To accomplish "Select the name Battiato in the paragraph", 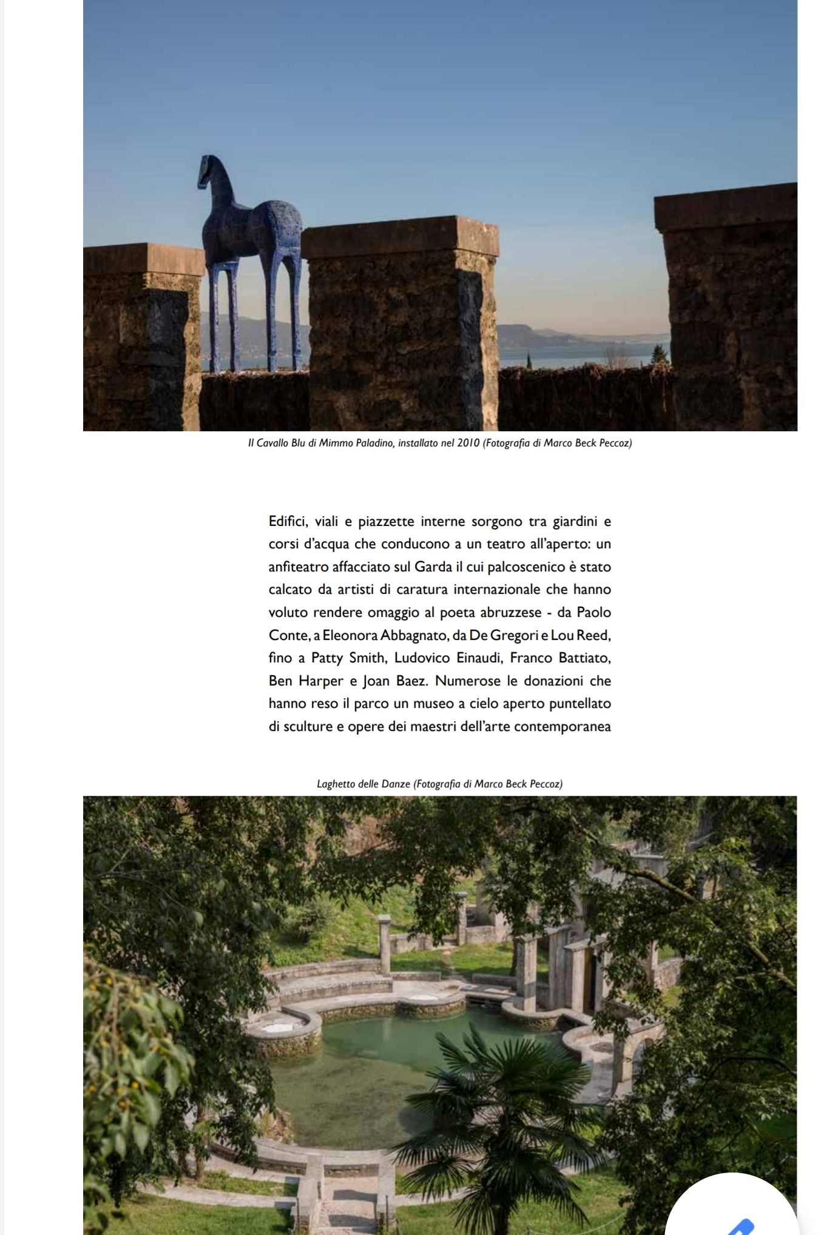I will [584, 658].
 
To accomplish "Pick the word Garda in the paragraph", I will [433, 567].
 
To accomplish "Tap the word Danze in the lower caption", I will [396, 784].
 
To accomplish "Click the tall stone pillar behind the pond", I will [385, 946].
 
